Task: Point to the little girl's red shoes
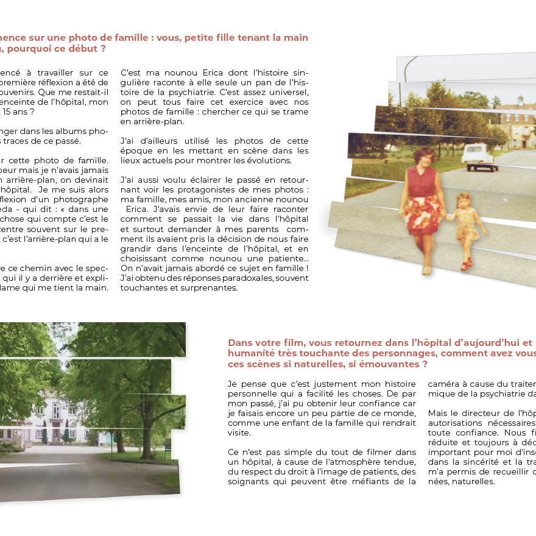[467, 266]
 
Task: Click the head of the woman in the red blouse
[424, 156]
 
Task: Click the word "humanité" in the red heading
[249, 353]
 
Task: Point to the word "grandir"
[140, 249]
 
